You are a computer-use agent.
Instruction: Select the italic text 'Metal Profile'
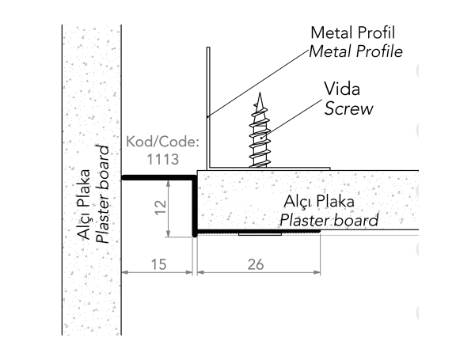(355, 52)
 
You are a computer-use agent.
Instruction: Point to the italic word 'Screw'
(348, 108)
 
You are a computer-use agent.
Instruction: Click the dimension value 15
(158, 264)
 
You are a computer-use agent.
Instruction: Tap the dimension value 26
(256, 264)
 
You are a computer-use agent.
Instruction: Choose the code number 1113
(162, 158)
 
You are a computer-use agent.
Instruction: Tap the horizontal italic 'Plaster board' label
(327, 220)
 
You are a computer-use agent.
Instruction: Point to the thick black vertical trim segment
(194, 207)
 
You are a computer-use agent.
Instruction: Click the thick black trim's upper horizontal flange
(158, 178)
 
